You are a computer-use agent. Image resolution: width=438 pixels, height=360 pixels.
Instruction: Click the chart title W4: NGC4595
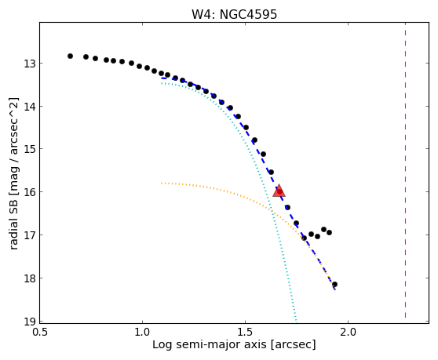pos(234,14)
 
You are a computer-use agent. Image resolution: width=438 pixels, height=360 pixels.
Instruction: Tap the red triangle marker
pos(279,191)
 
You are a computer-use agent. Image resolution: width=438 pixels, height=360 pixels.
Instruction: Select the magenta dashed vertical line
pos(405,170)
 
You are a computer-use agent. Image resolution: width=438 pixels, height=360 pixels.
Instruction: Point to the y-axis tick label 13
pos(29,64)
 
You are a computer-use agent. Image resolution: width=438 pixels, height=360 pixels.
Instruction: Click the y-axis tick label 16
pos(29,192)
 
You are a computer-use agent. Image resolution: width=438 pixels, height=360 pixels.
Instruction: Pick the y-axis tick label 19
pos(29,322)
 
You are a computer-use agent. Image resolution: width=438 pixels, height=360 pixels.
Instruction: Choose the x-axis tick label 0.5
pos(40,333)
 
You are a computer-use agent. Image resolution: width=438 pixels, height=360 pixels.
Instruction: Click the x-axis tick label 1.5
pos(245,333)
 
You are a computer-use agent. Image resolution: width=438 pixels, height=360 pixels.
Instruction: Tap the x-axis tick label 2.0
pos(348,333)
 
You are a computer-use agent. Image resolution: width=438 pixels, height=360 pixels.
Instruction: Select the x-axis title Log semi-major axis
pos(210,344)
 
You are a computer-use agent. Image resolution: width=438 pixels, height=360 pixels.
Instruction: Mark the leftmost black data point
pos(70,56)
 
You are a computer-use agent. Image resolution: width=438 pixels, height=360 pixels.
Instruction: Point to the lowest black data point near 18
pos(334,285)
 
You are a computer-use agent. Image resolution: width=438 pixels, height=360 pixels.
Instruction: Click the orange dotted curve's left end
pos(162,183)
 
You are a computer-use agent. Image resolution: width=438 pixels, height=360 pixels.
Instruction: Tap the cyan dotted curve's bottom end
pos(296,320)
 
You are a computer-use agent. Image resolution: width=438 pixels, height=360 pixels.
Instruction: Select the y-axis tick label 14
pos(29,107)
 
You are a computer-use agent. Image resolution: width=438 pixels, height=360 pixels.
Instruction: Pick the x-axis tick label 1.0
pos(142,333)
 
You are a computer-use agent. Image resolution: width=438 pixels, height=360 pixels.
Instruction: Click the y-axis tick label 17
pos(29,235)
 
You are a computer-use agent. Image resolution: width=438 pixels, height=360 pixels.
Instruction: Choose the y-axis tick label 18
pos(29,278)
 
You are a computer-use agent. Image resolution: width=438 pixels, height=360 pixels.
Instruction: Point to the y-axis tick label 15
pos(29,149)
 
